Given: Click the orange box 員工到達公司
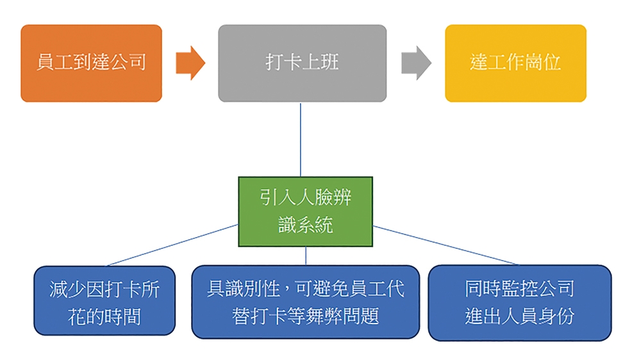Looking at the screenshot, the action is click(91, 63).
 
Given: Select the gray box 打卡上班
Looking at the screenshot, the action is click(302, 63).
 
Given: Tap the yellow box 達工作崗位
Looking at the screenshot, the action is click(515, 63).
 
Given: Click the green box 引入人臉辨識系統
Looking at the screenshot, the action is click(305, 211).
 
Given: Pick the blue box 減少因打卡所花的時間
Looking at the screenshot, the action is click(104, 301).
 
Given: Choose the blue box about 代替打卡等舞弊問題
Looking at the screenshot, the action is click(305, 302).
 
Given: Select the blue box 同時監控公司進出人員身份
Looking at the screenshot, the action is click(520, 302).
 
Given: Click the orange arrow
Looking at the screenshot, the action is click(190, 63).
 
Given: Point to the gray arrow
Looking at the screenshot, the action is click(416, 63).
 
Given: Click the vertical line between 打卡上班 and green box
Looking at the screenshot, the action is click(301, 140).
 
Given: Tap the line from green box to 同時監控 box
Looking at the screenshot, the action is click(445, 245).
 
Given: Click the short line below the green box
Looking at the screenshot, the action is click(306, 256).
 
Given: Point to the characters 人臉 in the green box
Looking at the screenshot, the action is click(305, 197).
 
